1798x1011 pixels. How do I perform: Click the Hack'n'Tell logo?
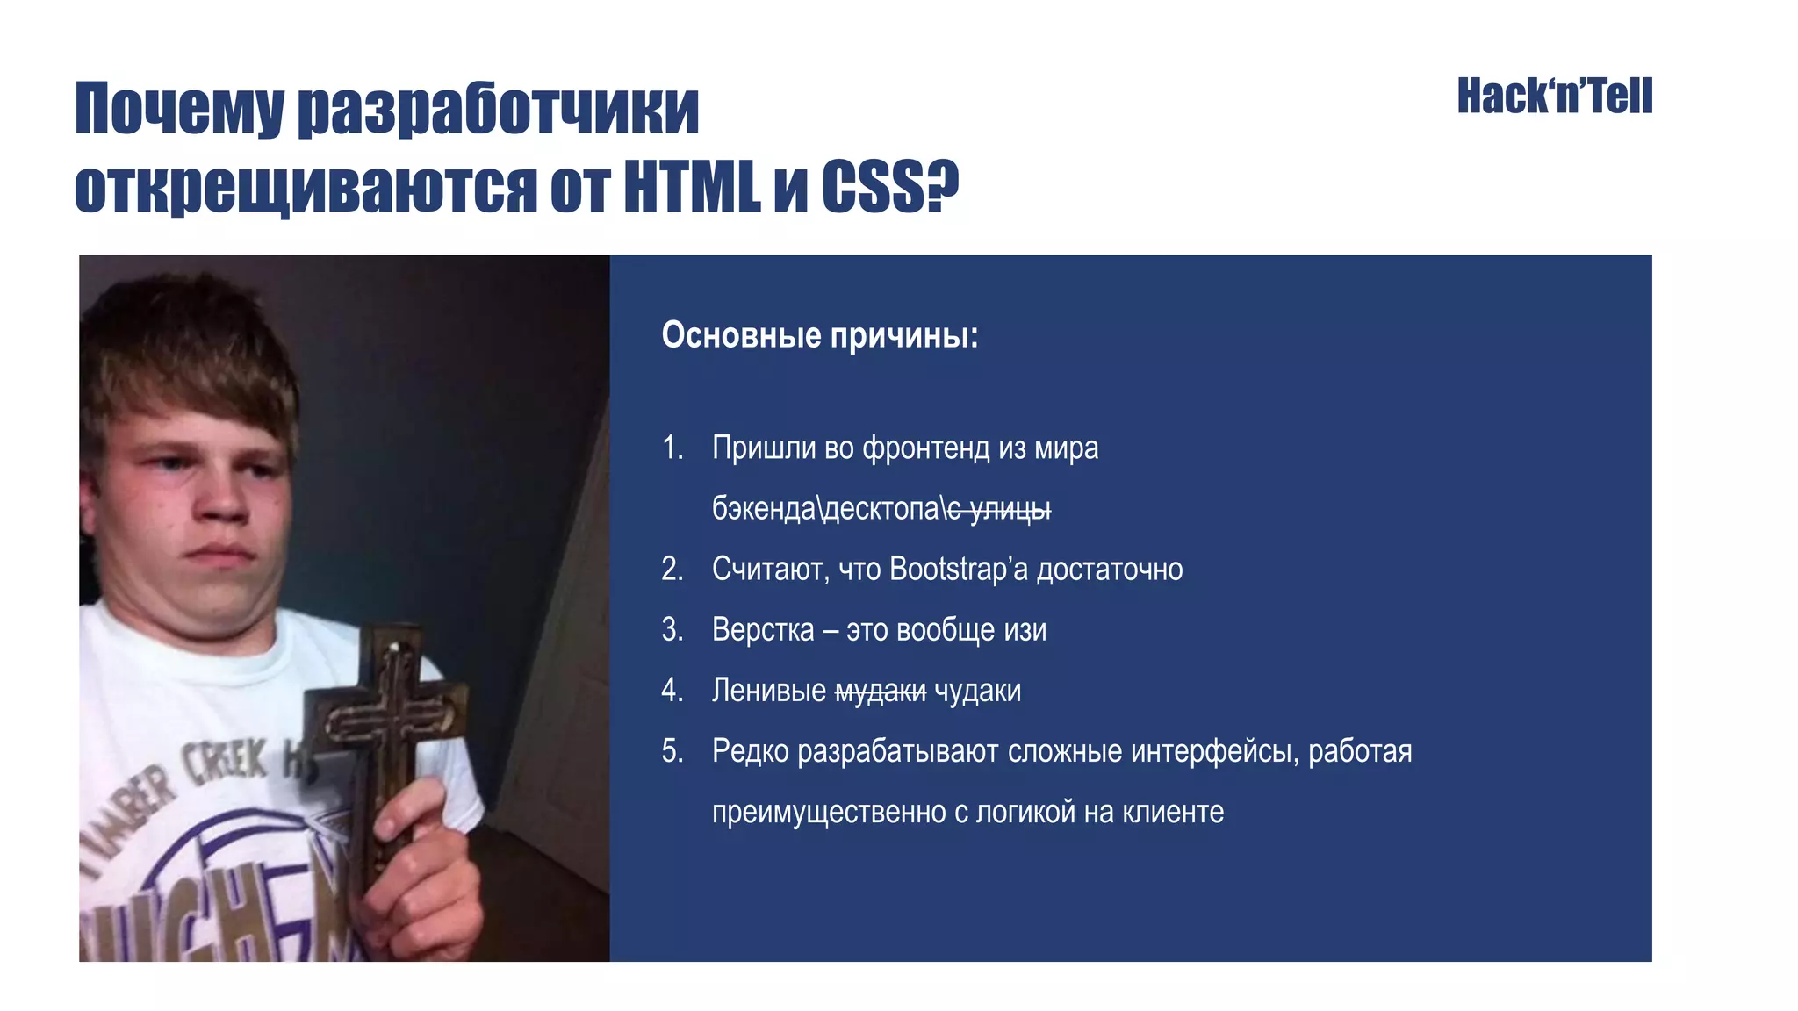pyautogui.click(x=1554, y=97)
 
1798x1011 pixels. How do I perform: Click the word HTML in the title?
pyautogui.click(x=691, y=187)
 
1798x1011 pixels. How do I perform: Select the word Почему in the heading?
pyautogui.click(x=179, y=111)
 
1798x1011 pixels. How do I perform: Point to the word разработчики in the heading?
pyautogui.click(x=498, y=111)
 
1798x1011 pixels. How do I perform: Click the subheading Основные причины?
pyautogui.click(x=819, y=335)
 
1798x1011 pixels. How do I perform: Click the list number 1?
pyautogui.click(x=672, y=448)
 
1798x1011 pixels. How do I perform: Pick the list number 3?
pyautogui.click(x=672, y=630)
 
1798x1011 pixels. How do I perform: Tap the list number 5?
pyautogui.click(x=672, y=751)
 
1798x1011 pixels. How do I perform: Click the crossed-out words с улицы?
pyautogui.click(x=999, y=509)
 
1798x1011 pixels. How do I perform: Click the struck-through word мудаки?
pyautogui.click(x=880, y=692)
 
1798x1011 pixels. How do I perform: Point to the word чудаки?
pyautogui.click(x=977, y=692)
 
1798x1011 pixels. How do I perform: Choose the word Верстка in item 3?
pyautogui.click(x=763, y=630)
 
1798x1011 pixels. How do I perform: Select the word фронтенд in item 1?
pyautogui.click(x=925, y=448)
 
